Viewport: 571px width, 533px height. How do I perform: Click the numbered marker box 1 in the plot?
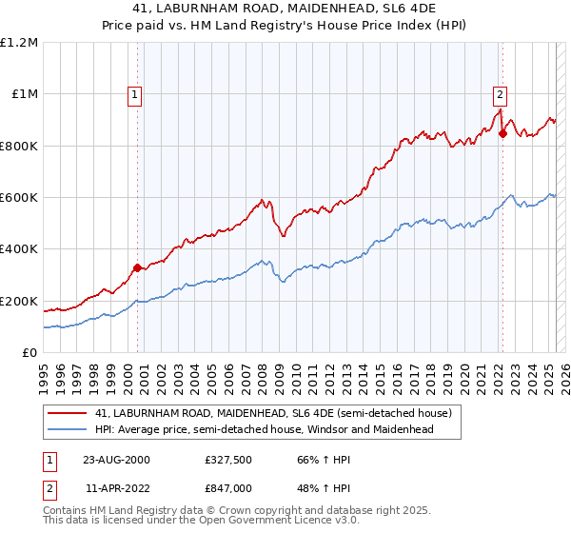coord(136,94)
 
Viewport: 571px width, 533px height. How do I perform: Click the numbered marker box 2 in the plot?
coord(500,94)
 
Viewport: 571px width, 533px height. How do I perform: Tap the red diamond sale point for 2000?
coord(137,267)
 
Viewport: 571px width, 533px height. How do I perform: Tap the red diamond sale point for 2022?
coord(502,133)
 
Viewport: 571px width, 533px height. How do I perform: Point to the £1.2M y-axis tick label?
coord(20,43)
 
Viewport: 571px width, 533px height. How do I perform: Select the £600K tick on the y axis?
coord(19,198)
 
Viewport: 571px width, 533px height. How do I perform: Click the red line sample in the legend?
coord(68,413)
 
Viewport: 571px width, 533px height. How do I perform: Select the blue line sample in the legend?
coord(68,429)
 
